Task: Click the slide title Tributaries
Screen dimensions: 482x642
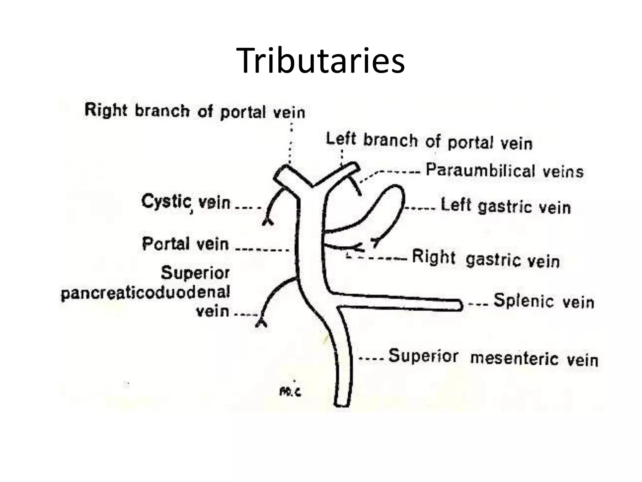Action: (320, 61)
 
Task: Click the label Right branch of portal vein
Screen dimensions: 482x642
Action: (195, 111)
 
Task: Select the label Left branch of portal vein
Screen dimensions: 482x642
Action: (429, 141)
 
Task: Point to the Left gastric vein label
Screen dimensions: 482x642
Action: (505, 206)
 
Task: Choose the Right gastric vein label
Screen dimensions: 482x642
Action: (486, 259)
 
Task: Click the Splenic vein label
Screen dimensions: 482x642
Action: (544, 301)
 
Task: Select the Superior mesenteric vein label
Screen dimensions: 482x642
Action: (493, 357)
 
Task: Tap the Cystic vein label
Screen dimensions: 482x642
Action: (186, 202)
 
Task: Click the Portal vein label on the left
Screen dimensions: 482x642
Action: (185, 244)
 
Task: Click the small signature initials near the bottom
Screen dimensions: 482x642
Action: (290, 392)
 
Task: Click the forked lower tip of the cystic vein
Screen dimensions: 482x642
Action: (267, 222)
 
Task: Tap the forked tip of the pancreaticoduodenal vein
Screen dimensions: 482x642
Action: (261, 323)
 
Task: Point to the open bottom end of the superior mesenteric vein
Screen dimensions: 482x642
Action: (341, 404)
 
